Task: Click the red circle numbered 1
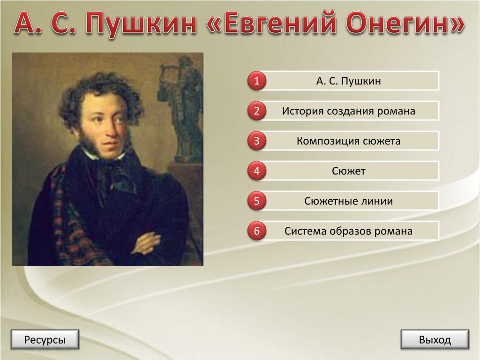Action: [256, 81]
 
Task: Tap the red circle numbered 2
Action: [256, 111]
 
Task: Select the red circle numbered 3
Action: [256, 141]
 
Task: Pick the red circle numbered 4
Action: [256, 171]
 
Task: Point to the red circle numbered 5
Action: [256, 201]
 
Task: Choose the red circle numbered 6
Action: [256, 231]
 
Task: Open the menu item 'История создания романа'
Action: [348, 111]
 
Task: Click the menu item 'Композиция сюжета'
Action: [348, 141]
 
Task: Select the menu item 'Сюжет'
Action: [348, 171]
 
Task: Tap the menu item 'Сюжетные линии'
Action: [348, 201]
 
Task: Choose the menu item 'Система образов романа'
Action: [348, 231]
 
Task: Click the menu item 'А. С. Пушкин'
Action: [348, 81]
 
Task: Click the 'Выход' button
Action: [435, 339]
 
